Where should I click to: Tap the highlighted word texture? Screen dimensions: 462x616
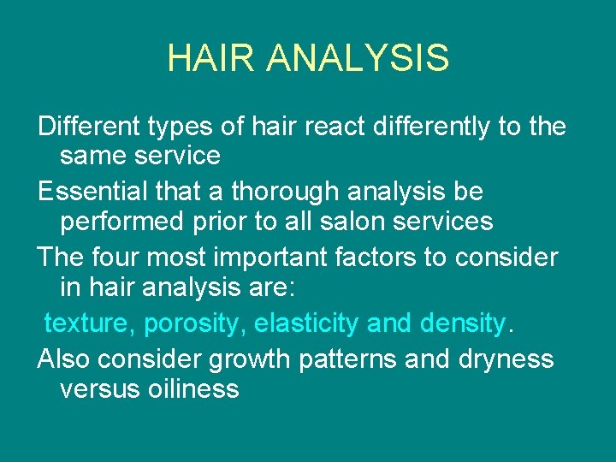(x=90, y=324)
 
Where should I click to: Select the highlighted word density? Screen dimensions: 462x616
(x=463, y=324)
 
